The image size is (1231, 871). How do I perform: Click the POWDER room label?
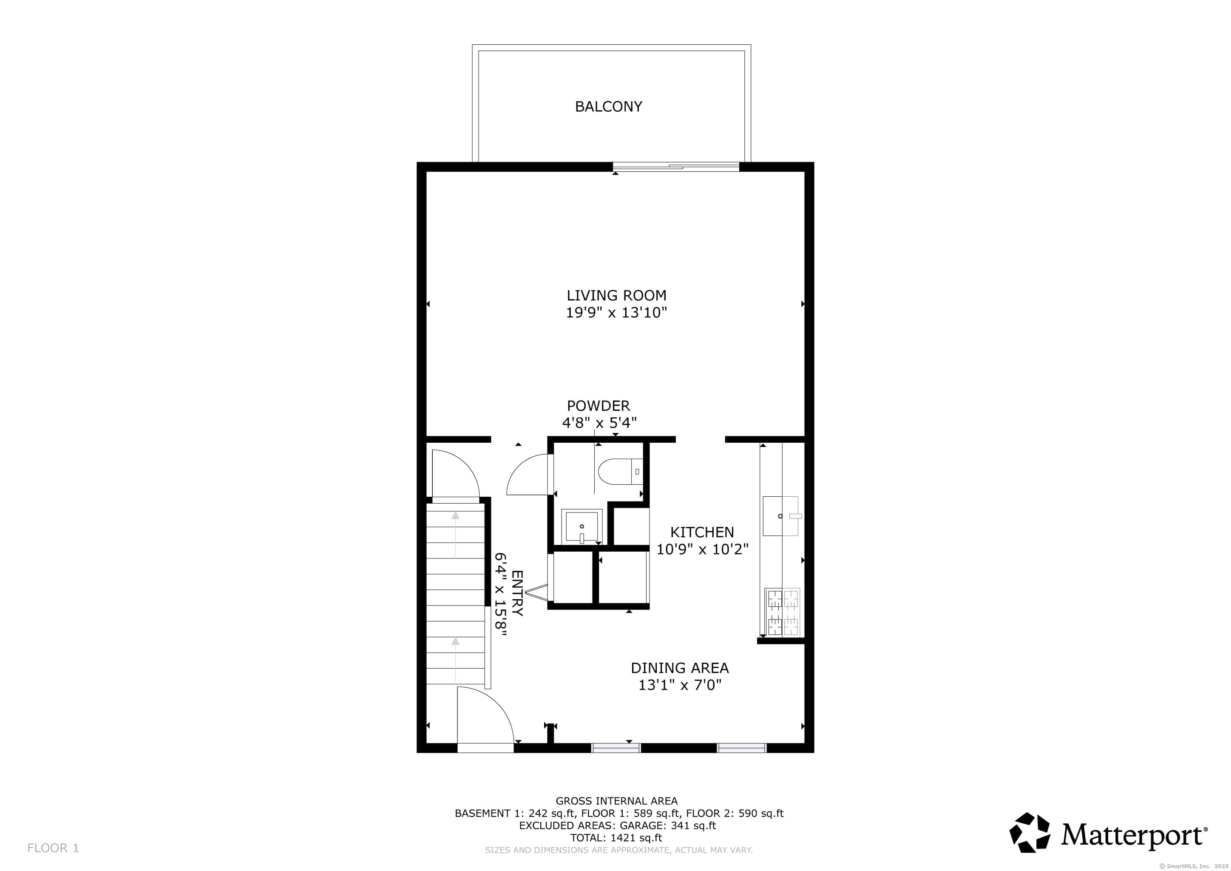[x=598, y=406]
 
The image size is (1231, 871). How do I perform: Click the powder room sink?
[x=582, y=527]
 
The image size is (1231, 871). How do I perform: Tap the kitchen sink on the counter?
[x=780, y=516]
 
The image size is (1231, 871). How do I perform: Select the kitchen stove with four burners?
[x=782, y=612]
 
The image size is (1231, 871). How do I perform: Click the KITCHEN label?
[x=702, y=532]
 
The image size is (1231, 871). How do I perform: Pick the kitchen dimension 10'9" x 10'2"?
[x=702, y=549]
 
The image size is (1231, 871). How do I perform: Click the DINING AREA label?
[x=679, y=668]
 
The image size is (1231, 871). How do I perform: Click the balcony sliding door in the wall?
[x=675, y=167]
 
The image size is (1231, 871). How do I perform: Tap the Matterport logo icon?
[x=1030, y=832]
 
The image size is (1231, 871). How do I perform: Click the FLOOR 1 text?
[x=53, y=848]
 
